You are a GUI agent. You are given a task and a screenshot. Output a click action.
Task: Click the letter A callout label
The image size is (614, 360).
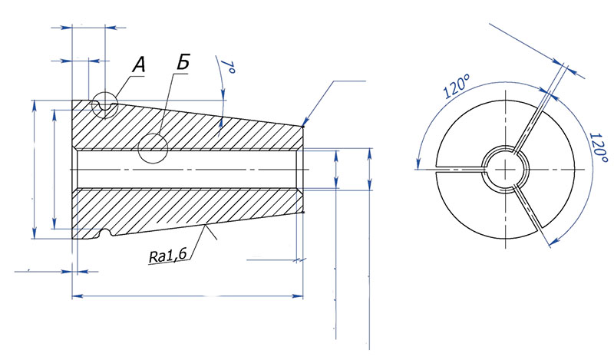(x=138, y=66)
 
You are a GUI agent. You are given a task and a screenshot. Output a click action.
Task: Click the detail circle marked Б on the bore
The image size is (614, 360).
(x=153, y=148)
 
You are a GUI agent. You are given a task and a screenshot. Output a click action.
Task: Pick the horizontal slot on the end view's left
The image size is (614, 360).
(x=459, y=167)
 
